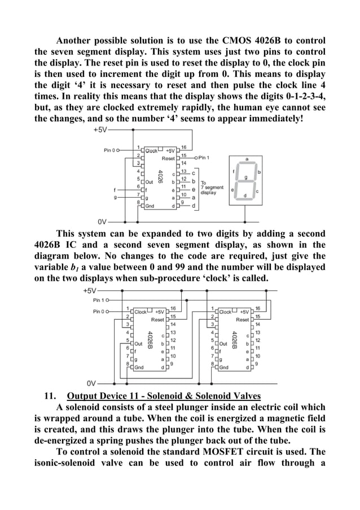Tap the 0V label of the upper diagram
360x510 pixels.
click(102, 221)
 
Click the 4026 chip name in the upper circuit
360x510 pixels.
click(161, 178)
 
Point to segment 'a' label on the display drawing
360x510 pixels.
click(246, 159)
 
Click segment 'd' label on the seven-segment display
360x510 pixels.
click(244, 196)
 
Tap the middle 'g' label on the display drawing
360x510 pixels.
click(245, 177)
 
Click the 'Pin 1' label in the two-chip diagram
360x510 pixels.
click(100, 300)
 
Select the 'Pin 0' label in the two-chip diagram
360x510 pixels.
click(100, 311)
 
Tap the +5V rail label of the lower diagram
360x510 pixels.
click(90, 291)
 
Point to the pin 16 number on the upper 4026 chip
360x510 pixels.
click(184, 147)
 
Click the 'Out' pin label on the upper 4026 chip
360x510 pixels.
click(150, 182)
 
